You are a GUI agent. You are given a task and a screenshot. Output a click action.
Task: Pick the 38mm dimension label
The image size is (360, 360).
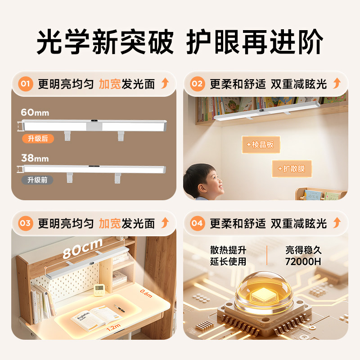pos(35,158)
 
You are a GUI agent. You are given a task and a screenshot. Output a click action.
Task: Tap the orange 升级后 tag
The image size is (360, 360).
pos(38,139)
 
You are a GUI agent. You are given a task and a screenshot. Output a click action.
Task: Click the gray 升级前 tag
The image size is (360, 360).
pos(37,180)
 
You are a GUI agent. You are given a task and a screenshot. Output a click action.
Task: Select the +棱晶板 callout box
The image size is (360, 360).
pos(261,145)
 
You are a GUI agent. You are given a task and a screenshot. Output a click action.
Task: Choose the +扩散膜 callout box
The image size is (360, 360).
pos(292,169)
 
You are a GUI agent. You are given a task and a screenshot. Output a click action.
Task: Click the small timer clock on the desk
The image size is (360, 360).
pos(99,290)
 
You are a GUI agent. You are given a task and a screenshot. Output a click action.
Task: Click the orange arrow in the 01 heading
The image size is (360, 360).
pos(165,84)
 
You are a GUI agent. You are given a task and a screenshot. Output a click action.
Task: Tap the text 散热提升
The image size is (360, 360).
pos(228,250)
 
